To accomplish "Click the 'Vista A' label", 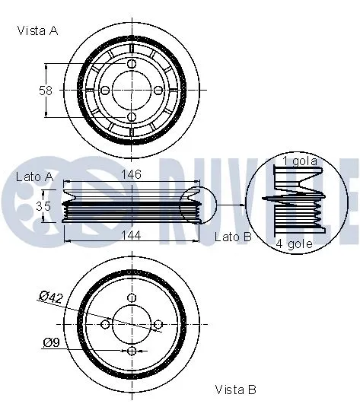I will [37, 30].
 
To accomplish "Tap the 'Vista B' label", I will [235, 390].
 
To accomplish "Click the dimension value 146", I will [131, 175].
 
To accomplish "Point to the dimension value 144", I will [131, 236].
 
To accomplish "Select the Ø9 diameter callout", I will [52, 342].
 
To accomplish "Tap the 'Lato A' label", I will [34, 176].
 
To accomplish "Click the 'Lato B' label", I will [233, 237].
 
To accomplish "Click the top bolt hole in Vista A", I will [132, 64].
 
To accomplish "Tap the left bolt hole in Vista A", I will [105, 91].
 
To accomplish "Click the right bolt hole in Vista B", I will [158, 325].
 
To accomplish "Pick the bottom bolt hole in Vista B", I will [132, 351].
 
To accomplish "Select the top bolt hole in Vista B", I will [132, 298].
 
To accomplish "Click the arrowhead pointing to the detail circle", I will [242, 205].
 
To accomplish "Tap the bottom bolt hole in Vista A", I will [132, 117].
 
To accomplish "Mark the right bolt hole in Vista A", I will [158, 91].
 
